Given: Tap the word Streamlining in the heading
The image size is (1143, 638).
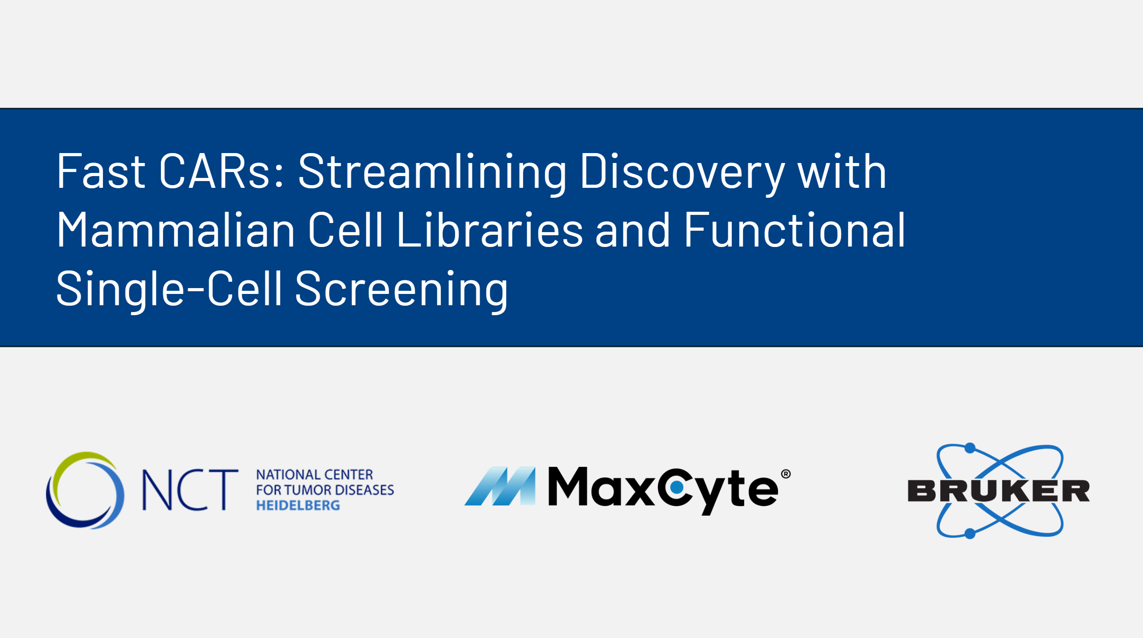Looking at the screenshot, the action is tap(432, 173).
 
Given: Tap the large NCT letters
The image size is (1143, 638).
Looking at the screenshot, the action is tap(190, 490).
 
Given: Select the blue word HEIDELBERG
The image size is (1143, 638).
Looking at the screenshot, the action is tap(298, 506).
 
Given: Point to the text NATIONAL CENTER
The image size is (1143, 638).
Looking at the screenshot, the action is tap(314, 475).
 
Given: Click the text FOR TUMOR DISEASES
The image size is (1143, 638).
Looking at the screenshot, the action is tap(325, 490).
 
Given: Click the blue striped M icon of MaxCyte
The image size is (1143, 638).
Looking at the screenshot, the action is tap(500, 486).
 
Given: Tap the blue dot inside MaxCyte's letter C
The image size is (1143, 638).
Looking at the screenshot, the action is tap(676, 488).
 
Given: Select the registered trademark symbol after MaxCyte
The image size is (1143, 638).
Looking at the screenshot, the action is tap(786, 474).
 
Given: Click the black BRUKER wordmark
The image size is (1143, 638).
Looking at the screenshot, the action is tap(999, 491).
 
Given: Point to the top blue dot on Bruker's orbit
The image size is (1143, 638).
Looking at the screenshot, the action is tap(970, 448).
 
